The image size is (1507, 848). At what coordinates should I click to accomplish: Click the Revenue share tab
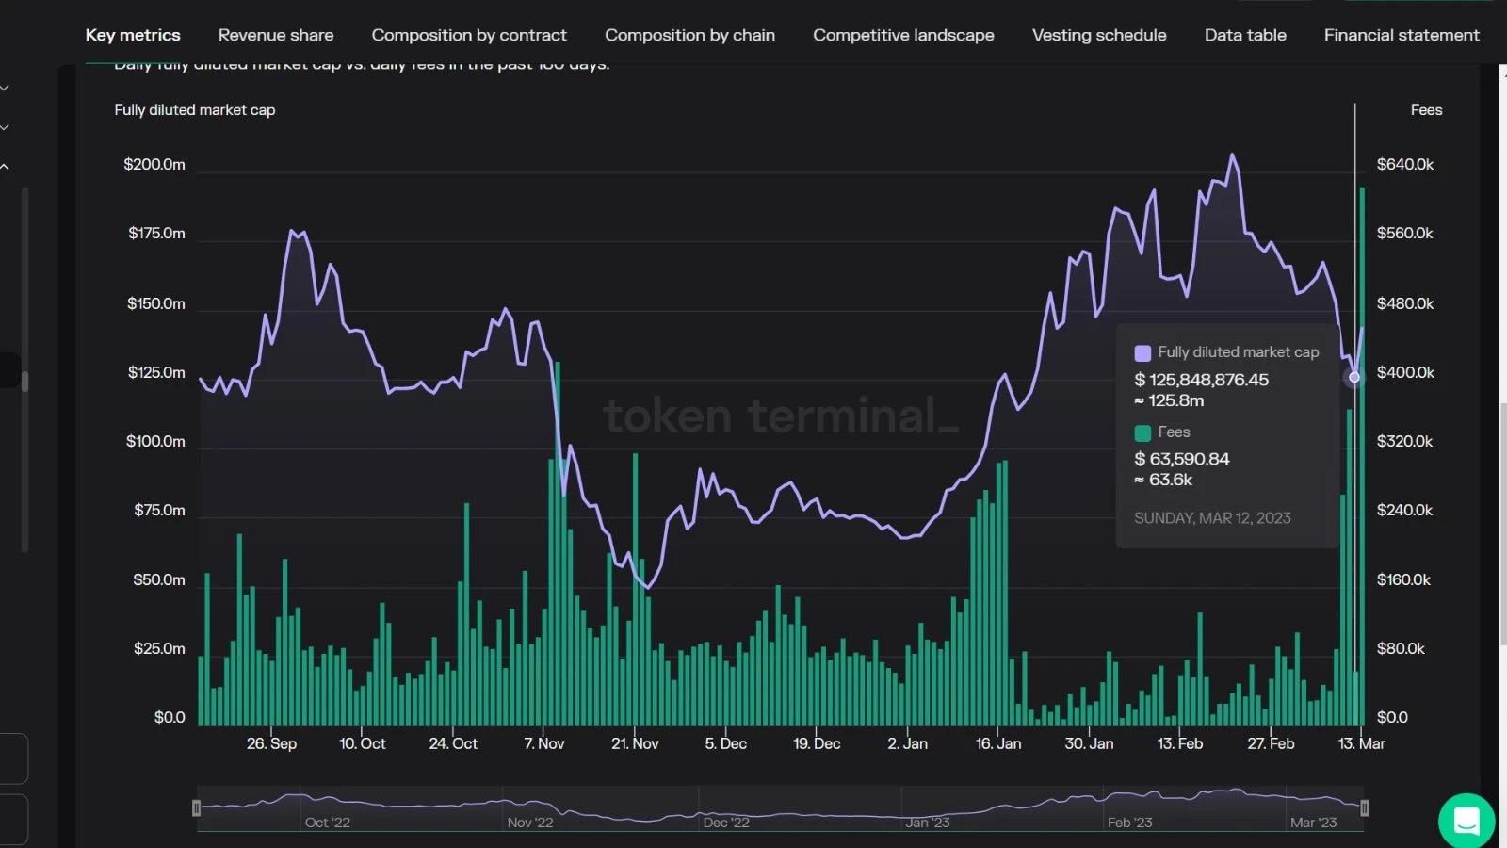(x=276, y=35)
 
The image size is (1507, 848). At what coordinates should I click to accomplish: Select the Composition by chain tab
(x=689, y=35)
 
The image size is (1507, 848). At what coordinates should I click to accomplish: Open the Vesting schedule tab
(x=1099, y=35)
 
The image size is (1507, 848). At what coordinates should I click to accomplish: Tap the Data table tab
(x=1245, y=35)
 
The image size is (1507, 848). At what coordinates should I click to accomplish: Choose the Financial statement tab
(x=1402, y=35)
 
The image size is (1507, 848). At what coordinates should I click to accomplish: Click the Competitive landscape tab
(x=903, y=35)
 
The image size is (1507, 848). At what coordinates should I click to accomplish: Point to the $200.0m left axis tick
(x=154, y=164)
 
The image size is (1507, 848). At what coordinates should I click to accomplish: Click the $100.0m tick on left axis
(x=155, y=441)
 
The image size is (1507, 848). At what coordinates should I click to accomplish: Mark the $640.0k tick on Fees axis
(x=1405, y=164)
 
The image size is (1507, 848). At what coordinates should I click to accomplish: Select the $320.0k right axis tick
(x=1404, y=441)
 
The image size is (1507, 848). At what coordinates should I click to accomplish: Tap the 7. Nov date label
(x=544, y=743)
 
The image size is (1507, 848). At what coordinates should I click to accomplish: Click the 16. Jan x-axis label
(x=998, y=743)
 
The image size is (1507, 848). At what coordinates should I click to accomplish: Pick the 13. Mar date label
(x=1362, y=743)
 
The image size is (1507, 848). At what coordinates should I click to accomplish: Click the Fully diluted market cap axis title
(x=195, y=109)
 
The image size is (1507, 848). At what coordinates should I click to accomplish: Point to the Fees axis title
(x=1426, y=109)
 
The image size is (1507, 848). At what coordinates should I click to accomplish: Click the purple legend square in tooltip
(x=1142, y=353)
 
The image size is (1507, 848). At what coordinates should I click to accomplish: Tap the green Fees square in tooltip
(x=1142, y=433)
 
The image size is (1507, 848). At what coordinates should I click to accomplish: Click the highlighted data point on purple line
(x=1354, y=377)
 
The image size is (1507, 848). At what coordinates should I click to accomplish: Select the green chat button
(x=1466, y=821)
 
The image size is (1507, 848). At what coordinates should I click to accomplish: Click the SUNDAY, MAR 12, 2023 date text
(x=1212, y=518)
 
